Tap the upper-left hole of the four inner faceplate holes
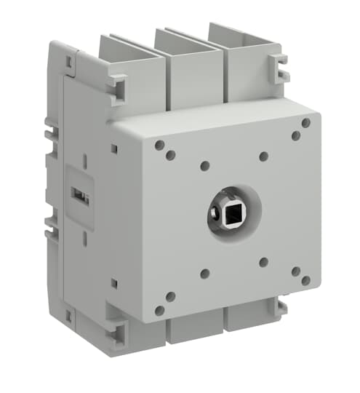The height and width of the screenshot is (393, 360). coord(205,166)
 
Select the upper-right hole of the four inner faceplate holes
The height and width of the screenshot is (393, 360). coord(264,156)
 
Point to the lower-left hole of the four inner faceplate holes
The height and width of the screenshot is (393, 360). coord(205,274)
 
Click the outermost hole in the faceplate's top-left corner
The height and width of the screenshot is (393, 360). coord(159,145)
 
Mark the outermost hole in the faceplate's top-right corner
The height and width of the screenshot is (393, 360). coord(306,124)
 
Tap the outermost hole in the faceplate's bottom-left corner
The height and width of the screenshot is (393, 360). coord(159,310)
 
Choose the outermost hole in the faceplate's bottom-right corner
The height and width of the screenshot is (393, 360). coord(306,281)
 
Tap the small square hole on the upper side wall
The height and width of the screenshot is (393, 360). coord(114,148)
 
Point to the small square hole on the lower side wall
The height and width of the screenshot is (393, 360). coord(114,282)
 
